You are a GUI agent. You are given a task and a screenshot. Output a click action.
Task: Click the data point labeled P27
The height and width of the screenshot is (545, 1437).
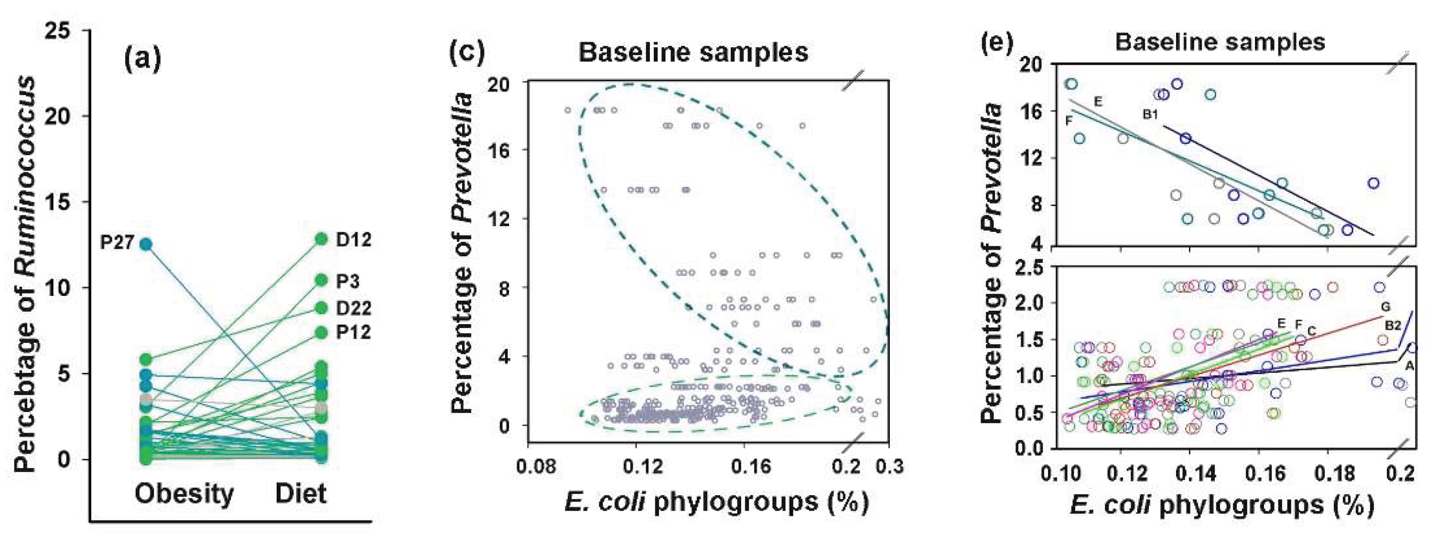coord(146,244)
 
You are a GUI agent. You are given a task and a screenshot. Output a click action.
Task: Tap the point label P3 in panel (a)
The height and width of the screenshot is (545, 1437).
coord(347,282)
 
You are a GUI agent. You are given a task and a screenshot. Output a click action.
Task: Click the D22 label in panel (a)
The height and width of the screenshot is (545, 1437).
coord(353,308)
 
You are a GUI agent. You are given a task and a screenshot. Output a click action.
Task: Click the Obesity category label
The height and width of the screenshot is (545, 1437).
coord(184,494)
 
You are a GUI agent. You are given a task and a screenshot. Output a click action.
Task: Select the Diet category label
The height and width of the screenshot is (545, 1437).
coord(301,494)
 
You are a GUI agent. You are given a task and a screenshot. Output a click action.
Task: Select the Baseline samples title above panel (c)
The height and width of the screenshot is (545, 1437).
coord(693,53)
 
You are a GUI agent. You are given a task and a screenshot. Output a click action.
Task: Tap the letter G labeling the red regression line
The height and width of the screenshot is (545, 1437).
coord(1385,307)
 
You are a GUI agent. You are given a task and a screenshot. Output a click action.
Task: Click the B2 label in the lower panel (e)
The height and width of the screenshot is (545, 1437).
coord(1393,326)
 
